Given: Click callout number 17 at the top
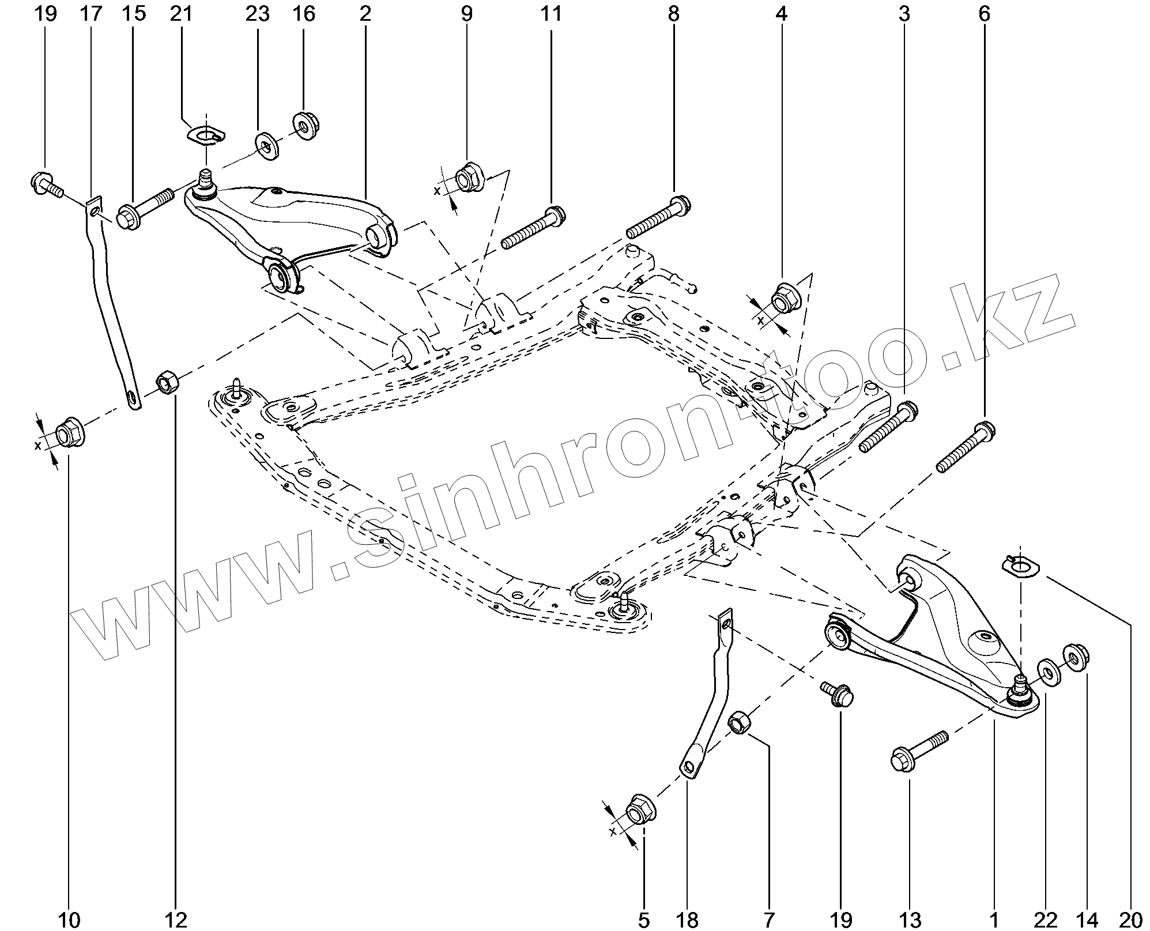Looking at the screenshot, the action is pos(91,14).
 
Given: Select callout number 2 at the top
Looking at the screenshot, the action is pos(364,14).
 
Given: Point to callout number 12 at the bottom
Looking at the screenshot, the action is pos(176,919).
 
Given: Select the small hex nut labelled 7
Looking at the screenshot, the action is pos(739,722).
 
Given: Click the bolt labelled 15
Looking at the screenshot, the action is pos(144,209).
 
